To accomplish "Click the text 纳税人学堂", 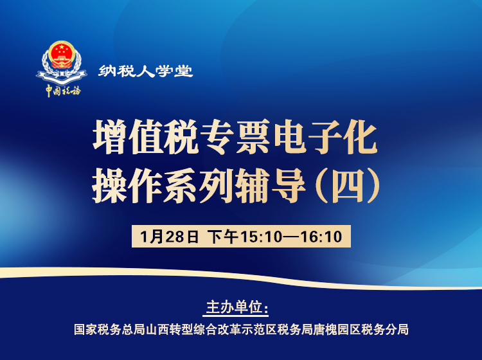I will tap(146, 71).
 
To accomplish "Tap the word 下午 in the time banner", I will tap(223, 236).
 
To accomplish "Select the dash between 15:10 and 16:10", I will tap(291, 236).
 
